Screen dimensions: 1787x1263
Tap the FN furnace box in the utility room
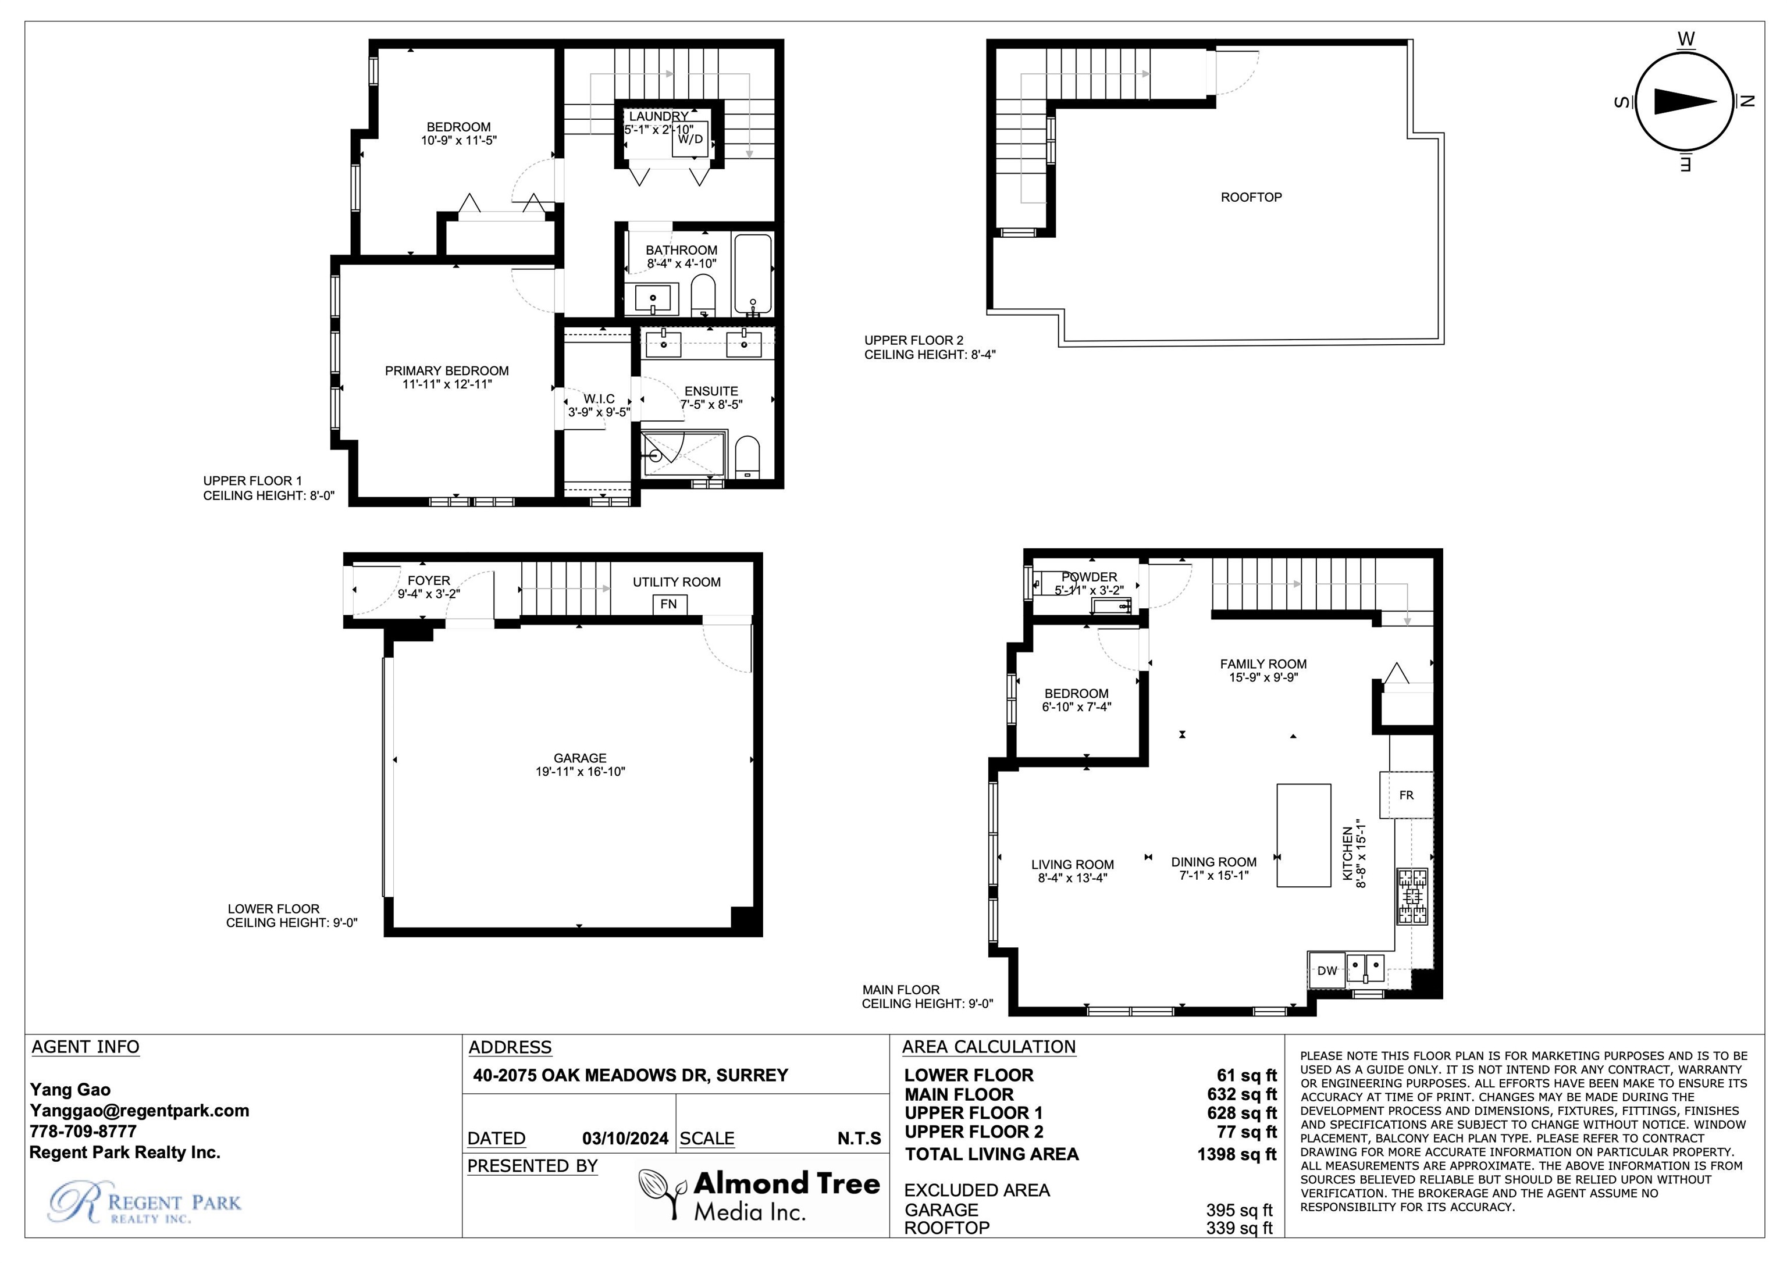(668, 604)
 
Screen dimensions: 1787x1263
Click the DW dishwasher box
(1327, 971)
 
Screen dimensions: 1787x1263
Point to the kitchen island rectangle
(1304, 835)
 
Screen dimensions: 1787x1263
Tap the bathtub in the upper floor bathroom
(753, 274)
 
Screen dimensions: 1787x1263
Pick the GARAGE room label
(580, 758)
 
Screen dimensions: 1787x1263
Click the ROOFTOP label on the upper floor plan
(1251, 198)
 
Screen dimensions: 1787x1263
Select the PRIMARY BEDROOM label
(447, 371)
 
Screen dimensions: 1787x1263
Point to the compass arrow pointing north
(1685, 101)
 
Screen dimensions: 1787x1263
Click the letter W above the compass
(1686, 39)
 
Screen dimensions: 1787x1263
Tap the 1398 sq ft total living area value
(1237, 1154)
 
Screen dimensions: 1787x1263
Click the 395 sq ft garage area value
(1239, 1210)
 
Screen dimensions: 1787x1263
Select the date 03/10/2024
(625, 1139)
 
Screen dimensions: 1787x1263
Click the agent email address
(139, 1111)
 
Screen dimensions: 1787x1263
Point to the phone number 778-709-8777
(83, 1132)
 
